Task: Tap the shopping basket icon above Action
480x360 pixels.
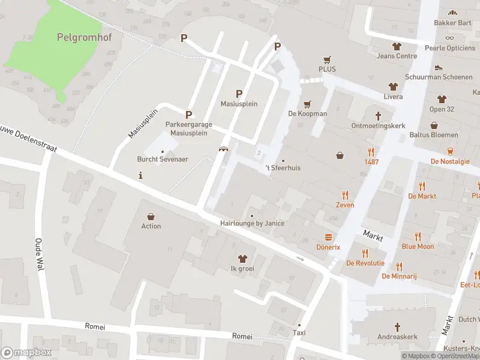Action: coord(151,216)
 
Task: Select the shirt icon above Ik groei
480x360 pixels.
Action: coord(242,259)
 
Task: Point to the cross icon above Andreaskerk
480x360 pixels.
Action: coord(397,327)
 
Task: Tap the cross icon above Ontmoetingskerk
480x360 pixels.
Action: coord(378,116)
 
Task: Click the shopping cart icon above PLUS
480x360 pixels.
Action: coord(327,59)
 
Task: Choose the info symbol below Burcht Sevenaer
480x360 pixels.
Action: coord(140,176)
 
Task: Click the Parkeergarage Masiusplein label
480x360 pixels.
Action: coord(189,128)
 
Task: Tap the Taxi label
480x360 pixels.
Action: coord(299,332)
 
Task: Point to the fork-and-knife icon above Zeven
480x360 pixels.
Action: coord(345,195)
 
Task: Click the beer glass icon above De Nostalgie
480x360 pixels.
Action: coord(450,151)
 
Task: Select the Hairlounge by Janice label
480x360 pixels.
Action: coord(252,223)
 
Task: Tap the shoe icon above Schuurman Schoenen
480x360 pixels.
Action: coord(439,67)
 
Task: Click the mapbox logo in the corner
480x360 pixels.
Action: coord(26,353)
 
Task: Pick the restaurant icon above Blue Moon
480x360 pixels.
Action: coord(418,236)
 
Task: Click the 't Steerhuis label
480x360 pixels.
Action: coord(283,168)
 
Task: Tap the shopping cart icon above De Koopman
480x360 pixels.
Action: coord(308,104)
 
